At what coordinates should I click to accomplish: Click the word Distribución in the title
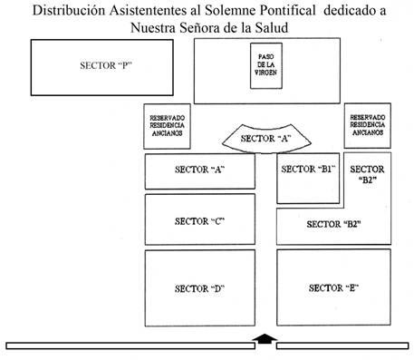[x=69, y=10]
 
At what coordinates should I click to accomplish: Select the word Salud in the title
[x=272, y=28]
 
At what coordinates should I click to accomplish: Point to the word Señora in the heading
[x=199, y=28]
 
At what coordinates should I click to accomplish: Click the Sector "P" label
[x=106, y=65]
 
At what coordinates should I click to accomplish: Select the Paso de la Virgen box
[x=266, y=65]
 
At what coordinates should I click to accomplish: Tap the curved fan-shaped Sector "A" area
[x=266, y=139]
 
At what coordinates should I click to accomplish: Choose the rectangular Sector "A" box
[x=200, y=171]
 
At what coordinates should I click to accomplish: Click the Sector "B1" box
[x=308, y=179]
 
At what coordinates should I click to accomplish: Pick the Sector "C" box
[x=200, y=219]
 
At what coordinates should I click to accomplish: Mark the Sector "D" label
[x=200, y=288]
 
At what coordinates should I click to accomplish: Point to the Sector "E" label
[x=333, y=288]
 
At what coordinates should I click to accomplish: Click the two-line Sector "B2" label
[x=367, y=174]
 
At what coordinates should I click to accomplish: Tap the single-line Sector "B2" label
[x=333, y=224]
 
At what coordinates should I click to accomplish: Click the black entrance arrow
[x=265, y=339]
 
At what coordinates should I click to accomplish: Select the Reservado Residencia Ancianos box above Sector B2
[x=368, y=126]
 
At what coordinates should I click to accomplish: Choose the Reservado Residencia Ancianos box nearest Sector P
[x=167, y=126]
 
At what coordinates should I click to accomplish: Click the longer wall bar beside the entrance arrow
[x=130, y=345]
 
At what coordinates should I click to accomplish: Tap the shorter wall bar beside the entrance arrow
[x=342, y=345]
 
